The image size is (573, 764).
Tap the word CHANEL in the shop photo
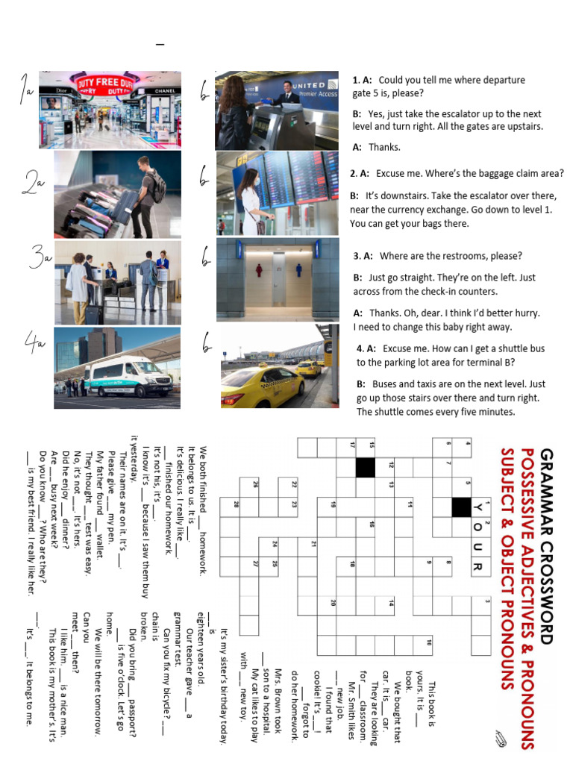pyautogui.click(x=163, y=90)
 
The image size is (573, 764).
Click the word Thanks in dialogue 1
pyautogui.click(x=384, y=147)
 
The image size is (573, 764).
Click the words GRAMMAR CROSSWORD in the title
pyautogui.click(x=546, y=545)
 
